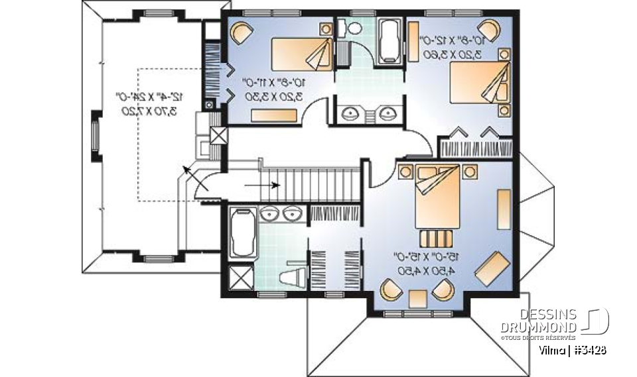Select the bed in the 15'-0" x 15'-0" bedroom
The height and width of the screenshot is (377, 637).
(x=435, y=195)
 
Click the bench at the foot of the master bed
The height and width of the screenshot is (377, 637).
(x=434, y=237)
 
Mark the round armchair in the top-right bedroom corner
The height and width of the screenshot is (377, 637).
(x=490, y=28)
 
